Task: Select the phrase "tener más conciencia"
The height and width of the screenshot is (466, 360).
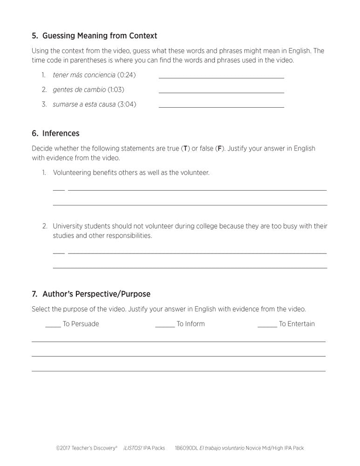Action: [x=84, y=75]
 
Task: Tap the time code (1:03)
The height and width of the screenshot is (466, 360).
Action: [x=116, y=89]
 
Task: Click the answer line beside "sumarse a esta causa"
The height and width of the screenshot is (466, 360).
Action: [x=221, y=107]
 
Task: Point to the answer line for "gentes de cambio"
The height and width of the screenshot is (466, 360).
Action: [x=221, y=92]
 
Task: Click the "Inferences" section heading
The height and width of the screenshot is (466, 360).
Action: [x=61, y=133]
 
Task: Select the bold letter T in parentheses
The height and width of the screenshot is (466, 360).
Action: [x=185, y=149]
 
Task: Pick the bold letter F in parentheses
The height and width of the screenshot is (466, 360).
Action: [x=219, y=149]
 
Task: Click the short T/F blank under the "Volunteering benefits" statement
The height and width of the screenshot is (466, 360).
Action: [x=59, y=189]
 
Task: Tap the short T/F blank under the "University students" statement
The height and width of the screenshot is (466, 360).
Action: [x=59, y=253]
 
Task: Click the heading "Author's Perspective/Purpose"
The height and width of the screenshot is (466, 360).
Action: [x=96, y=294]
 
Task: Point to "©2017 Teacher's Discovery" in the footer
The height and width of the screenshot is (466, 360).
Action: [x=86, y=448]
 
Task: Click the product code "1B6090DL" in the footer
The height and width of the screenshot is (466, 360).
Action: [x=186, y=448]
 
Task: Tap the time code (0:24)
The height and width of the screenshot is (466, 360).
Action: [x=126, y=75]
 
